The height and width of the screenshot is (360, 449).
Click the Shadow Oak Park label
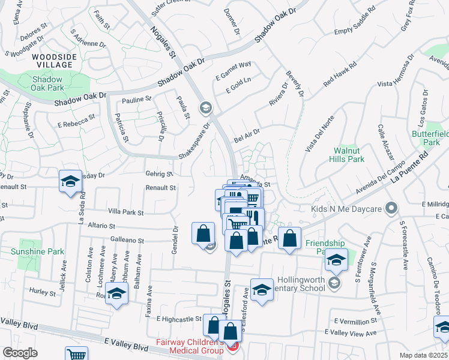[47, 83]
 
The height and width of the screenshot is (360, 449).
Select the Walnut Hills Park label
[347, 155]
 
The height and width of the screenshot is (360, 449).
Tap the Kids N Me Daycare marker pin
[392, 209]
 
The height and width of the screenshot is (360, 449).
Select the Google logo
[20, 353]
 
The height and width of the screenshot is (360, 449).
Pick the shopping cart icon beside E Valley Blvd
[76, 355]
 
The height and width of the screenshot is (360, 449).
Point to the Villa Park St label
[125, 212]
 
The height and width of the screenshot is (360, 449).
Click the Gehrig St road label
[159, 174]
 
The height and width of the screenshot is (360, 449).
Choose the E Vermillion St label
[356, 320]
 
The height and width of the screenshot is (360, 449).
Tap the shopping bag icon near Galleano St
[203, 233]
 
